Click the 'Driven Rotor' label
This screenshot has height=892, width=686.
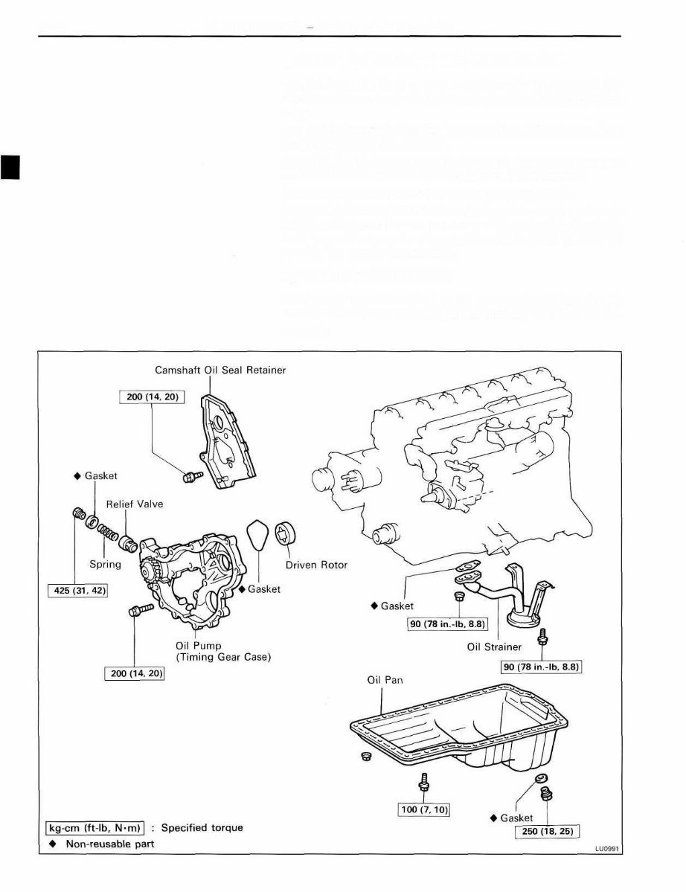click(x=316, y=565)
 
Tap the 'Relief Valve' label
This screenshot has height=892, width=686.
click(x=134, y=504)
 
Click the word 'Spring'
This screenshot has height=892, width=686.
click(x=105, y=564)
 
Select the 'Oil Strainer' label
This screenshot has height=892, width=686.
click(x=494, y=646)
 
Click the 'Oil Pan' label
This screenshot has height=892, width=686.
click(x=385, y=680)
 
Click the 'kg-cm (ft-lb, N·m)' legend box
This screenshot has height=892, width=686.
click(x=93, y=827)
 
